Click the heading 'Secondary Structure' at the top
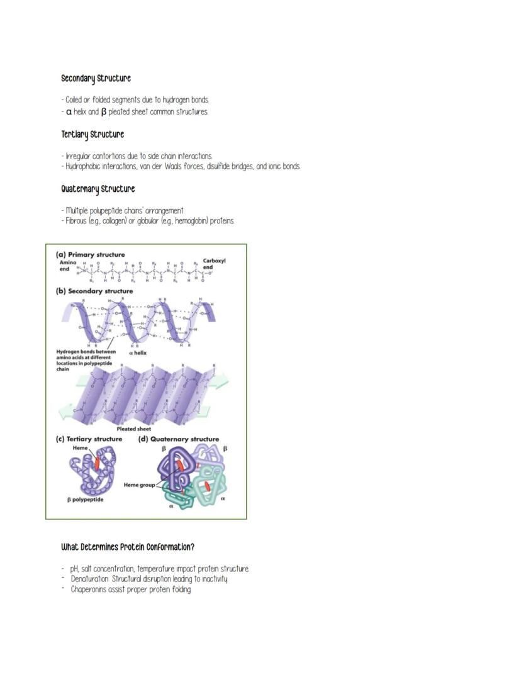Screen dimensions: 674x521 point(96,79)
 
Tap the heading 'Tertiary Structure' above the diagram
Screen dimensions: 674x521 point(92,135)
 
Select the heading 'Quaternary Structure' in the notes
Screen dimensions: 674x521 point(98,189)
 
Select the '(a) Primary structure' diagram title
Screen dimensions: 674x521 point(90,254)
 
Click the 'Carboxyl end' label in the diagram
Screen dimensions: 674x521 point(213,264)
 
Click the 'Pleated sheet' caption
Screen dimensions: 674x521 point(133,429)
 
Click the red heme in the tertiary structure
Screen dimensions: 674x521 point(97,463)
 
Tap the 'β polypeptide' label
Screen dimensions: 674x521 point(86,500)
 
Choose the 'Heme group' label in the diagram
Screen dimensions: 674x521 point(139,485)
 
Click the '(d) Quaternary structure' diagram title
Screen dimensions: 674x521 point(178,439)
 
